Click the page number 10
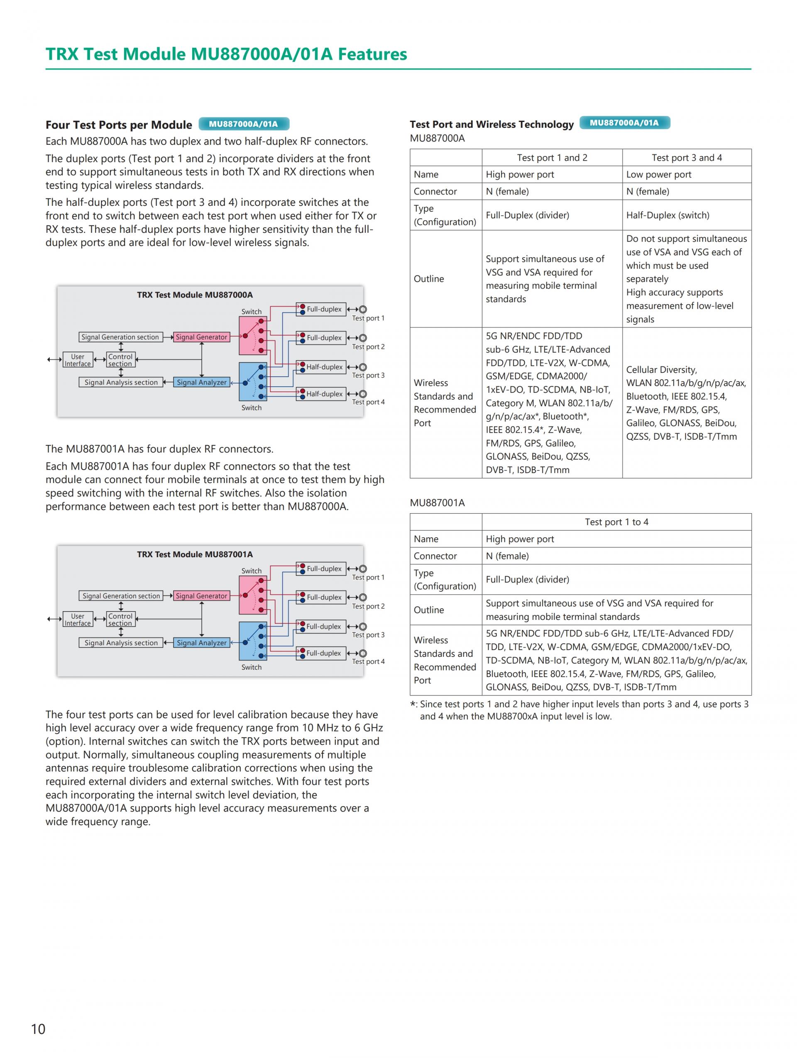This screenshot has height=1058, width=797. click(38, 1029)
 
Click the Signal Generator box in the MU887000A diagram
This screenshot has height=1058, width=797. click(201, 337)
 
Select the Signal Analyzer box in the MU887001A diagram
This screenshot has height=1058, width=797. click(201, 642)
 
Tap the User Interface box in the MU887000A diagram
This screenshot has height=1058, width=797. click(78, 360)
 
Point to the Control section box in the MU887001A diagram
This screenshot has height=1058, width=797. click(120, 619)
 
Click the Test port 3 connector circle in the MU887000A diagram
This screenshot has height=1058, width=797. click(363, 367)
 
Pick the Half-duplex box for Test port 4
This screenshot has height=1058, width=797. click(321, 394)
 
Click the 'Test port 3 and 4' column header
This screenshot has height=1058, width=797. click(686, 157)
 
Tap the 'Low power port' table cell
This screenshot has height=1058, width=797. click(658, 174)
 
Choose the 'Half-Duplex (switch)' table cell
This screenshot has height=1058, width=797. click(667, 215)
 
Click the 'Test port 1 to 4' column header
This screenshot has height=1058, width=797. click(616, 522)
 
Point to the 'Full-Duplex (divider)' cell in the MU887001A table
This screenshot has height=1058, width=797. click(527, 579)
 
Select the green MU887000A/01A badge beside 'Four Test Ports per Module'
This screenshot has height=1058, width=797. click(244, 124)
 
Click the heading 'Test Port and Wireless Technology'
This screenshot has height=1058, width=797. click(491, 124)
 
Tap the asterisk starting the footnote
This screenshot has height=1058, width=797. click(413, 705)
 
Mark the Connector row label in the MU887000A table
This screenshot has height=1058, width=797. click(435, 191)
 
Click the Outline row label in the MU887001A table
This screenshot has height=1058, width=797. click(429, 609)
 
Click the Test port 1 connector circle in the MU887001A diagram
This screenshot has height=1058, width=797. click(363, 569)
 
